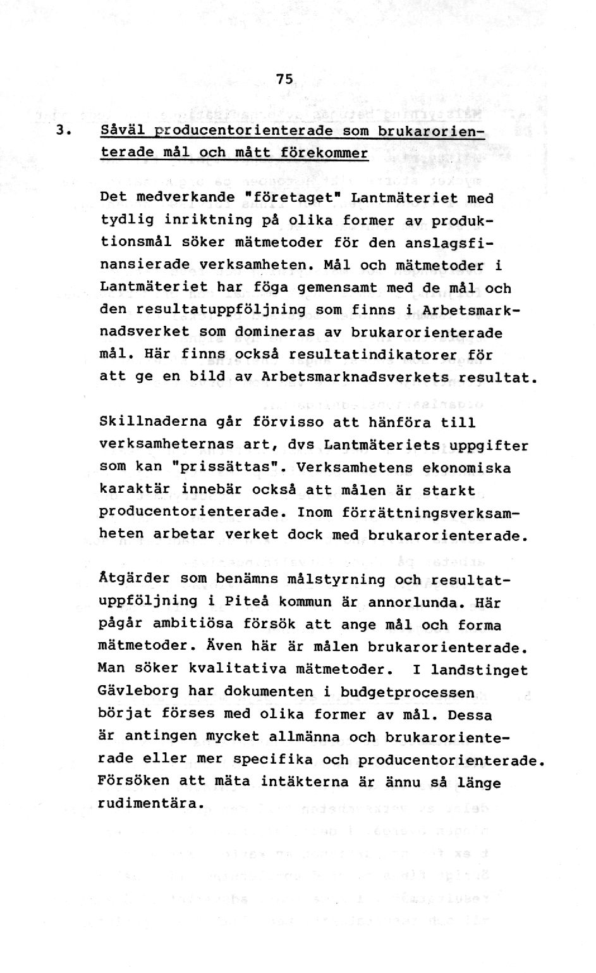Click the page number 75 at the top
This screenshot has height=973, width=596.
point(285,79)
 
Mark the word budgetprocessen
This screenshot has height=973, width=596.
point(407,692)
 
